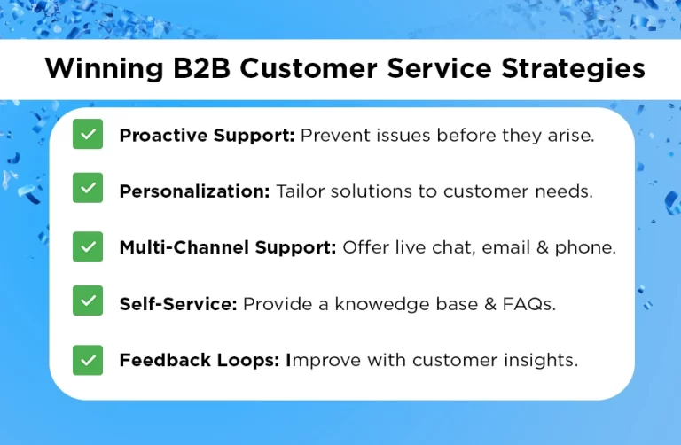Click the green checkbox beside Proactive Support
[x=88, y=135]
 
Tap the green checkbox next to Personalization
[x=88, y=191]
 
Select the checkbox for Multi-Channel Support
[x=88, y=246]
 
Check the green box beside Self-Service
[x=88, y=302]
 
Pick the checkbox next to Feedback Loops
[x=88, y=359]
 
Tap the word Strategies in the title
[x=572, y=69]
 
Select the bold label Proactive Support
[x=207, y=136]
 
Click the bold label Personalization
[x=193, y=191]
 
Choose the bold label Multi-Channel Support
[x=227, y=247]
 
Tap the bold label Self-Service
[x=177, y=303]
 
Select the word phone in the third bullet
[x=587, y=247]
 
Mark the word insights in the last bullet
[x=541, y=360]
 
